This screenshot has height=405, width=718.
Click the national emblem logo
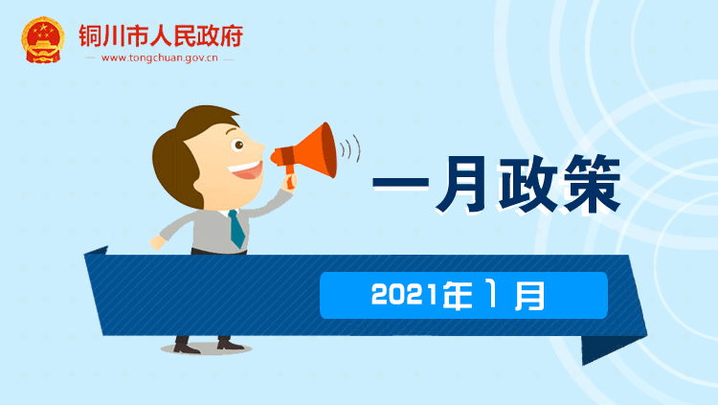tap(42, 40)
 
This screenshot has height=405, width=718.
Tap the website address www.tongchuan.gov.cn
tap(159, 58)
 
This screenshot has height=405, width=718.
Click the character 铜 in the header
tap(90, 35)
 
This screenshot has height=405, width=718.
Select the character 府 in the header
tap(232, 35)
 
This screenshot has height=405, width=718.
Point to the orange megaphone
tap(306, 152)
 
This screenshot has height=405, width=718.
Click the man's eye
tap(238, 146)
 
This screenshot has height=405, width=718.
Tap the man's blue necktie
tap(236, 228)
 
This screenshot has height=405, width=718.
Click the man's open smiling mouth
tap(246, 170)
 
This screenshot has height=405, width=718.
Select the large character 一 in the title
tap(401, 183)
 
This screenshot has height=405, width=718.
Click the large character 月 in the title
tap(461, 184)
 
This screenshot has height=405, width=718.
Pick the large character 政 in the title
tap(527, 184)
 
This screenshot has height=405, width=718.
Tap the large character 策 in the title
tap(592, 184)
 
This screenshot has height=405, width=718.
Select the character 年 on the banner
tap(457, 295)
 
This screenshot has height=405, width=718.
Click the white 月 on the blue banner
tap(529, 296)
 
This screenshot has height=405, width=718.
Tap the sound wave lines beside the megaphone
tap(350, 148)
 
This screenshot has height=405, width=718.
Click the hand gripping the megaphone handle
tap(290, 180)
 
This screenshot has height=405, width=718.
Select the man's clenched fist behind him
tap(157, 242)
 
